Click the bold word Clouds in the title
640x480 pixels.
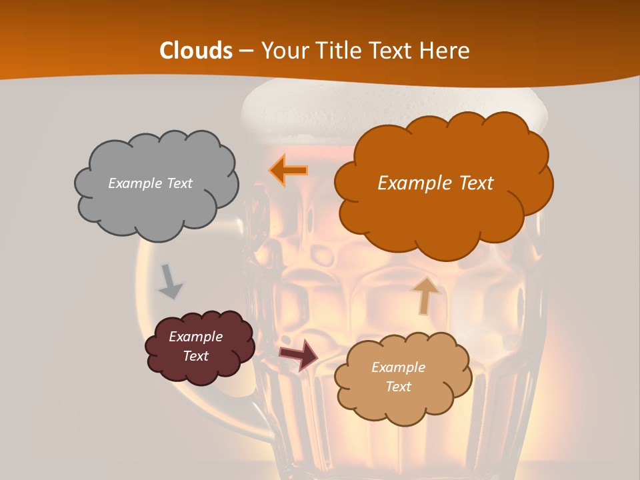pyautogui.click(x=196, y=51)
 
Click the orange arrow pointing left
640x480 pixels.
pyautogui.click(x=288, y=170)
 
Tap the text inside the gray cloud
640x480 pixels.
pyautogui.click(x=150, y=183)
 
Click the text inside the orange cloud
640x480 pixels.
pyautogui.click(x=435, y=183)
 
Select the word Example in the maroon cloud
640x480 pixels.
pyautogui.click(x=195, y=337)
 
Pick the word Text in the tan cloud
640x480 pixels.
pyautogui.click(x=398, y=387)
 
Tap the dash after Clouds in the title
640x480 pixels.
pyautogui.click(x=245, y=51)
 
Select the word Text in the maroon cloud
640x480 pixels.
pyautogui.click(x=196, y=356)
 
